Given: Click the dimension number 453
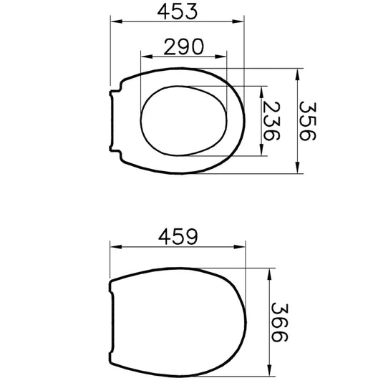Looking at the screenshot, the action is pos(177,11).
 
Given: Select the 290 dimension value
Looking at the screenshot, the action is pos(183,47).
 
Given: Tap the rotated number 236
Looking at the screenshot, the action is pos(271,121).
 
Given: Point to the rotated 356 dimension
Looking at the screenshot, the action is pos(308,121).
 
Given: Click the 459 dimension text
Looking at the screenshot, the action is pos(178,237).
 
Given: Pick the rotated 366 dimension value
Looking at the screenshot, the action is pos(280,322).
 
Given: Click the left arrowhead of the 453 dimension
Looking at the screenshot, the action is pos(116,21).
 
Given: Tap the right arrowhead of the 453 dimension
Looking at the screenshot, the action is pos(238,21).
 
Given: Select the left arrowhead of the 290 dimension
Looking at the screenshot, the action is pos(147,57).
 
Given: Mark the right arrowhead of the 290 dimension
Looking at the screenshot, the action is pos(220,57).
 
